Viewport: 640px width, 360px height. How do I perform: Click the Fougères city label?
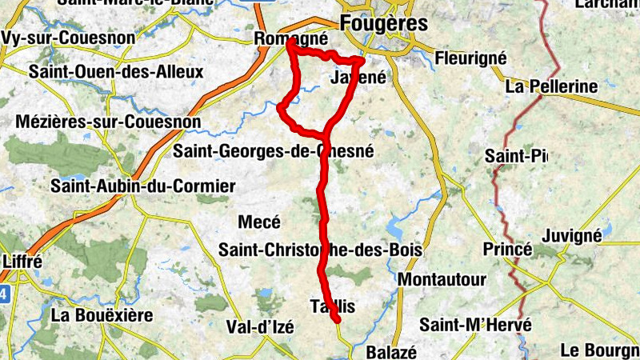pos(383,23)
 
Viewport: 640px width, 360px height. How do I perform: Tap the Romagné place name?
pos(290,38)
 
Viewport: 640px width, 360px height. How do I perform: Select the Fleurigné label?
pos(471,58)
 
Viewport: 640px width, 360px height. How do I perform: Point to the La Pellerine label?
pos(552,86)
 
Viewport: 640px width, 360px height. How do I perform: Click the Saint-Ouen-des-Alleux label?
pos(116,72)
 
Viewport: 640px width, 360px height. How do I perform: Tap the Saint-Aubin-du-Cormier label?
pos(143,186)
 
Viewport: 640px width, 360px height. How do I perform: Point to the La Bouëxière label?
pos(102,315)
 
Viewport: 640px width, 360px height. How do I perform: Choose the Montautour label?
pos(442,280)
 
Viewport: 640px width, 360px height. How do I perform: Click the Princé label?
pos(507,250)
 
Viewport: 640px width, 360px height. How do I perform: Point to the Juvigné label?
pos(571,236)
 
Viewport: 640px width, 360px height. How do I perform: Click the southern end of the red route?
pos(338,321)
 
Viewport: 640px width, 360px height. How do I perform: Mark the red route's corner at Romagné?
pos(288,46)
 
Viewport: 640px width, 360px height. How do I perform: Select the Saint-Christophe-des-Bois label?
pos(321,250)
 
